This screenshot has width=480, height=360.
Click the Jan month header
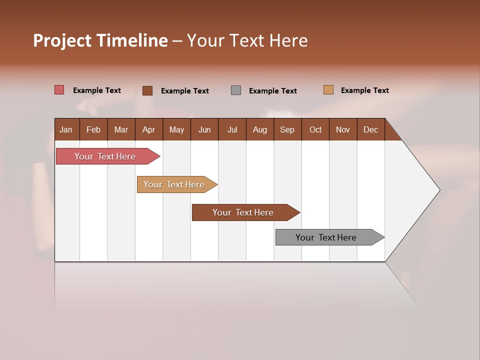coord(66,129)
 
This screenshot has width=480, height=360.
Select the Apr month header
coord(148,129)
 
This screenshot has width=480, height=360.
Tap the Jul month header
coord(232,129)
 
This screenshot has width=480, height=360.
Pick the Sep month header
coord(287,129)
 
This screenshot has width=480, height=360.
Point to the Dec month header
coord(370,129)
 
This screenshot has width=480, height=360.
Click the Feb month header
coord(93,129)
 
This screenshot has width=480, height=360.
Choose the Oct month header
coord(315,129)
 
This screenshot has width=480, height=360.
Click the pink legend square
coord(59,90)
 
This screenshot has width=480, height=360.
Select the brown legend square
coord(147,90)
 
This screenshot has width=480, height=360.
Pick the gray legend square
coord(236,90)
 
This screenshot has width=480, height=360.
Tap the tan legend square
coord(328,90)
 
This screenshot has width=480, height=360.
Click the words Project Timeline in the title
coord(100,40)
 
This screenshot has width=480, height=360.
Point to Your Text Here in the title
coord(247,40)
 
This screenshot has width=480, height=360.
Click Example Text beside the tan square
coord(364,90)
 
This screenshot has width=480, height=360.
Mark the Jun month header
coord(204,129)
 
